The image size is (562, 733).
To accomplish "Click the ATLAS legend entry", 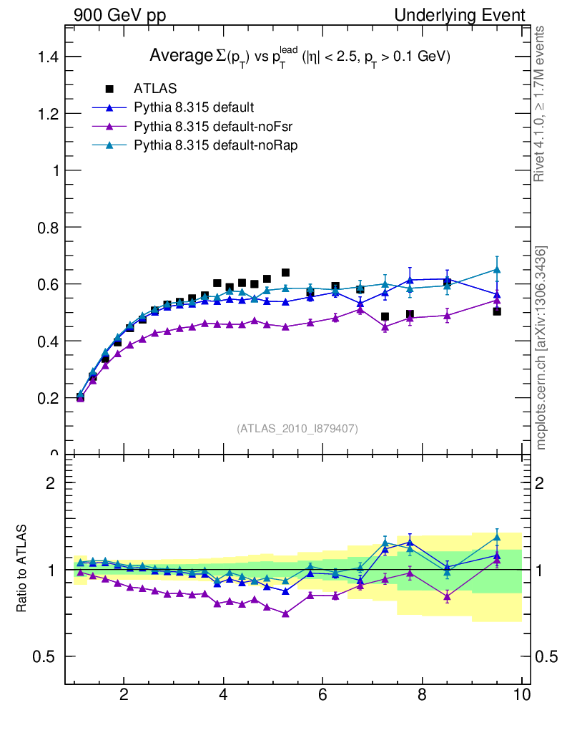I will [154, 89].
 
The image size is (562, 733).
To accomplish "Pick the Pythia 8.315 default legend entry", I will [193, 107].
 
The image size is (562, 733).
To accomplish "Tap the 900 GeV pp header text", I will [119, 15].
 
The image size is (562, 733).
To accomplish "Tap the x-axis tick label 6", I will [322, 695].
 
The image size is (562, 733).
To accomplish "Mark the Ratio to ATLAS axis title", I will [22, 568].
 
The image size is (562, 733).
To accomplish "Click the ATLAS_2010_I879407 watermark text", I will [297, 428].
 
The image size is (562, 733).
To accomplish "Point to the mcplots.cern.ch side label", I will [541, 348].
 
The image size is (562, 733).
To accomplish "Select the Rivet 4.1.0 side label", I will [541, 104].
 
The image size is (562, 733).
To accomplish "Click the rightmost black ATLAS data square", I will [497, 311].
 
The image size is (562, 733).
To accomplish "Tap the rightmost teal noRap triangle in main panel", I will [497, 270].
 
